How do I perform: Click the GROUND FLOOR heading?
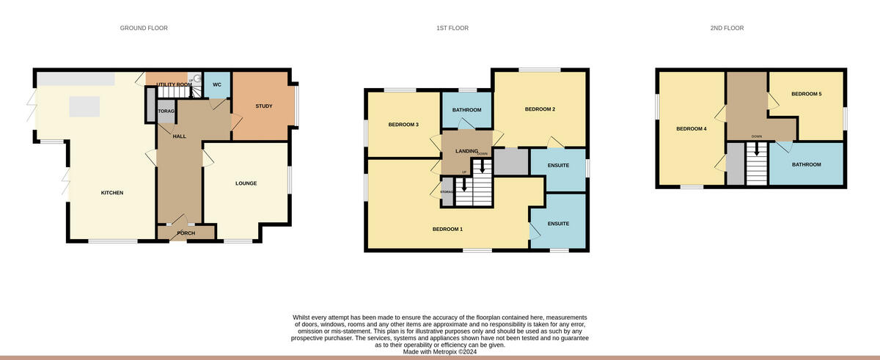pos(144,28)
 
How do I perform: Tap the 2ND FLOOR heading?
pos(726,28)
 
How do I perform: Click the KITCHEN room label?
pos(112,193)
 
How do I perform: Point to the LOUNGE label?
pos(246,183)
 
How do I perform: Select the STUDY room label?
pos(263,106)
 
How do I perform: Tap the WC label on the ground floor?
pos(216,85)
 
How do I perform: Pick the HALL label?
pos(179,136)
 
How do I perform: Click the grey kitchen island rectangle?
pos(84,106)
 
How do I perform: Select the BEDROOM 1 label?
pos(447,229)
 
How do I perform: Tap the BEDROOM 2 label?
pos(540,109)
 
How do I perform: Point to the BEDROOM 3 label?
pos(403,125)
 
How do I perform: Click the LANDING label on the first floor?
pos(467,151)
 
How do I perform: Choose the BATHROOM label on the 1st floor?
pos(466,110)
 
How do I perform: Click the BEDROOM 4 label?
pos(691,129)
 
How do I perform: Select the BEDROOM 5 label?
pos(806,94)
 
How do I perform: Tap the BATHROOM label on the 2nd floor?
pos(806,164)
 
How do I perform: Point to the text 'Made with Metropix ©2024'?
pos(440,352)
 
